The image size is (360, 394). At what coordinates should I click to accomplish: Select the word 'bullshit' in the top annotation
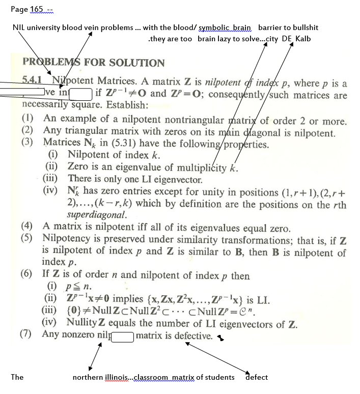(301, 27)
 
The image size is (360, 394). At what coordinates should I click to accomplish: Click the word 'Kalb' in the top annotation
(303, 39)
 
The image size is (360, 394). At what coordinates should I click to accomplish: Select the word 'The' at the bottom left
(17, 377)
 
